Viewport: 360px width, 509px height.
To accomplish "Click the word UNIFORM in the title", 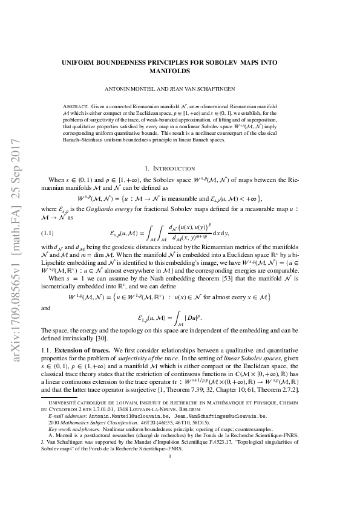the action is [81, 62].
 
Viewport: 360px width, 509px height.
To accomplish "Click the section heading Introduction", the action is [189, 169].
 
